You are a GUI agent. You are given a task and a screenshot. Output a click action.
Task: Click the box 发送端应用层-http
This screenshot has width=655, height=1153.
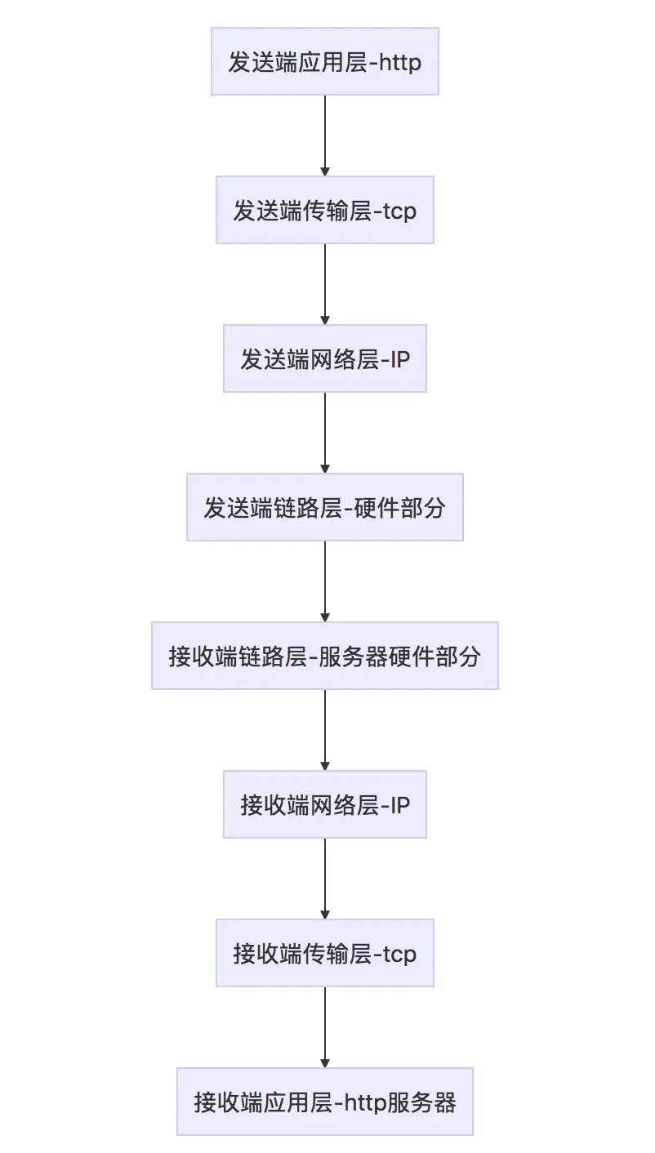pyautogui.click(x=325, y=61)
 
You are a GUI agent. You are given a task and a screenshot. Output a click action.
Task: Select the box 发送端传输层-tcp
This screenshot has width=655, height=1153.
pyautogui.click(x=325, y=210)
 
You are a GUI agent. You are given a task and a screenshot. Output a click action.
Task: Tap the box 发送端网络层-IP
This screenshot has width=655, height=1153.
pyautogui.click(x=325, y=358)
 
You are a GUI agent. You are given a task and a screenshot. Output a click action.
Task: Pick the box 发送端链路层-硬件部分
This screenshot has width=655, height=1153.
pyautogui.click(x=325, y=507)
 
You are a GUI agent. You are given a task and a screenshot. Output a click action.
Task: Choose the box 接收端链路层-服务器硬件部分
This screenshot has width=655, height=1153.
pyautogui.click(x=325, y=656)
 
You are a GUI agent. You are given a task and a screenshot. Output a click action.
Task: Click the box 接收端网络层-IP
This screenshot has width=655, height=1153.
pyautogui.click(x=325, y=804)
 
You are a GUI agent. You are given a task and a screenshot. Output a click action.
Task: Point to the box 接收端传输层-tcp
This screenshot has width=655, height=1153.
pyautogui.click(x=325, y=953)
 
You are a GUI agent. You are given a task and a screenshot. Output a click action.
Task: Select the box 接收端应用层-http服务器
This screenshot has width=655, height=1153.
pyautogui.click(x=325, y=1102)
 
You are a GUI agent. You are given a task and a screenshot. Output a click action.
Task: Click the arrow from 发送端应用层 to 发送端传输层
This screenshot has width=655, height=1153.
pyautogui.click(x=325, y=136)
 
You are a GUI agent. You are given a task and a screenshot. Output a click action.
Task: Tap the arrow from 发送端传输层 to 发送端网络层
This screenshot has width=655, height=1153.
pyautogui.click(x=325, y=284)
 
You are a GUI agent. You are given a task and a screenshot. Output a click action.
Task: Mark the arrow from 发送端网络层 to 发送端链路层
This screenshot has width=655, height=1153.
pyautogui.click(x=325, y=433)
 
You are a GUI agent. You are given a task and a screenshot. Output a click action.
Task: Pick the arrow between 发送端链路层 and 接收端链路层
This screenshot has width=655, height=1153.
pyautogui.click(x=325, y=581)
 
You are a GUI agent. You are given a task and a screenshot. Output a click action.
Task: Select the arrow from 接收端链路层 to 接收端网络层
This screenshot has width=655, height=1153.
pyautogui.click(x=325, y=730)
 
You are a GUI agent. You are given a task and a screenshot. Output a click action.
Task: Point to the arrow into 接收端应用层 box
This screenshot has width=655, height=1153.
pyautogui.click(x=325, y=1027)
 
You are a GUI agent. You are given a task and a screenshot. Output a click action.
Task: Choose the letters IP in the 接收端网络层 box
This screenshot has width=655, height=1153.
pyautogui.click(x=400, y=805)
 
